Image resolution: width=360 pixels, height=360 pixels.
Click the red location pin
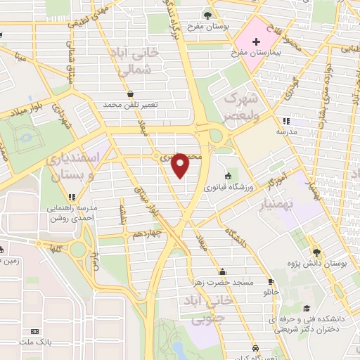point(181,165)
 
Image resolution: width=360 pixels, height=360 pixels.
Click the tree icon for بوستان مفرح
point(207,15)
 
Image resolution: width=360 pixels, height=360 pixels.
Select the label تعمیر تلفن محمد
point(131,104)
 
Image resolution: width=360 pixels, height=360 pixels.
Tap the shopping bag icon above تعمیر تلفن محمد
point(131,94)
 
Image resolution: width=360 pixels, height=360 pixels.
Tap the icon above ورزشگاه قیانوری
point(226,176)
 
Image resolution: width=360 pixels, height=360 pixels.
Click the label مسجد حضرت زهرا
point(222,282)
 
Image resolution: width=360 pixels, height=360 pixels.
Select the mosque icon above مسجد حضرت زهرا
point(222,271)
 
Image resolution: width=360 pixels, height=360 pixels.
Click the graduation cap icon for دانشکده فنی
point(306,308)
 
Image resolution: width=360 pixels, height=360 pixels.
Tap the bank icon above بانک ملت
point(35,330)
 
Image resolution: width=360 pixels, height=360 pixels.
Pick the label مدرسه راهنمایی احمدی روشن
point(72,213)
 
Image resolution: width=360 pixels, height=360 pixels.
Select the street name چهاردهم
point(148,235)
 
